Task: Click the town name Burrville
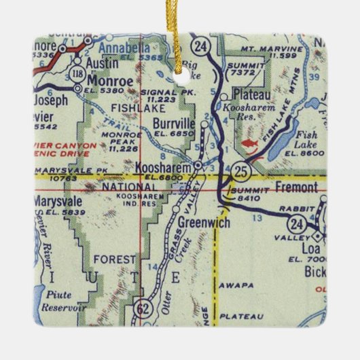coord(173,124)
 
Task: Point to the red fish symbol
coord(250,143)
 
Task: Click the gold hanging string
coord(181,34)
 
